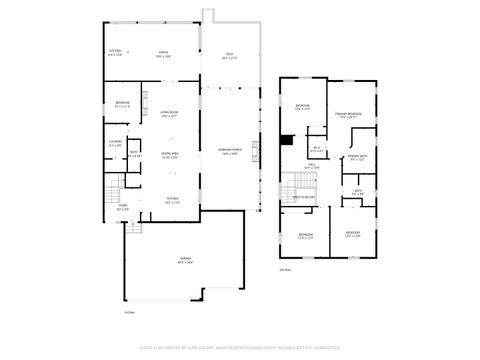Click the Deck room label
[229, 55]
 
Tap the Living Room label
[169, 115]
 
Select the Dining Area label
[169, 155]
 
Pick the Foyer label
[122, 209]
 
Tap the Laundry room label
[115, 144]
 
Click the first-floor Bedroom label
[121, 105]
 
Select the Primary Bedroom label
[348, 116]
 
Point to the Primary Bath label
[357, 158]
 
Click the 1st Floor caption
[129, 312]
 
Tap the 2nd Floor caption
[285, 269]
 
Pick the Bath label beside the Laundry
[134, 155]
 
